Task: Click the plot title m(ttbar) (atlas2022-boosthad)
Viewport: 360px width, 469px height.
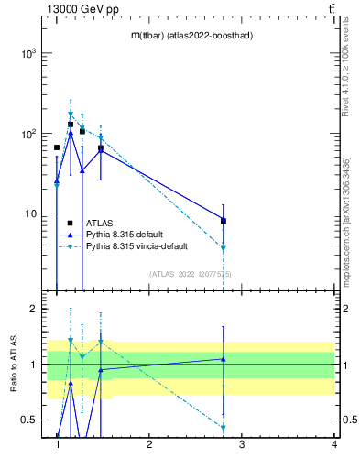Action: [x=191, y=35]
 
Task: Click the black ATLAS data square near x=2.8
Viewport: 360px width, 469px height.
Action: [x=224, y=221]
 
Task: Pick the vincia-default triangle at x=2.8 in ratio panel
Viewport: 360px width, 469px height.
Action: [x=224, y=427]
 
